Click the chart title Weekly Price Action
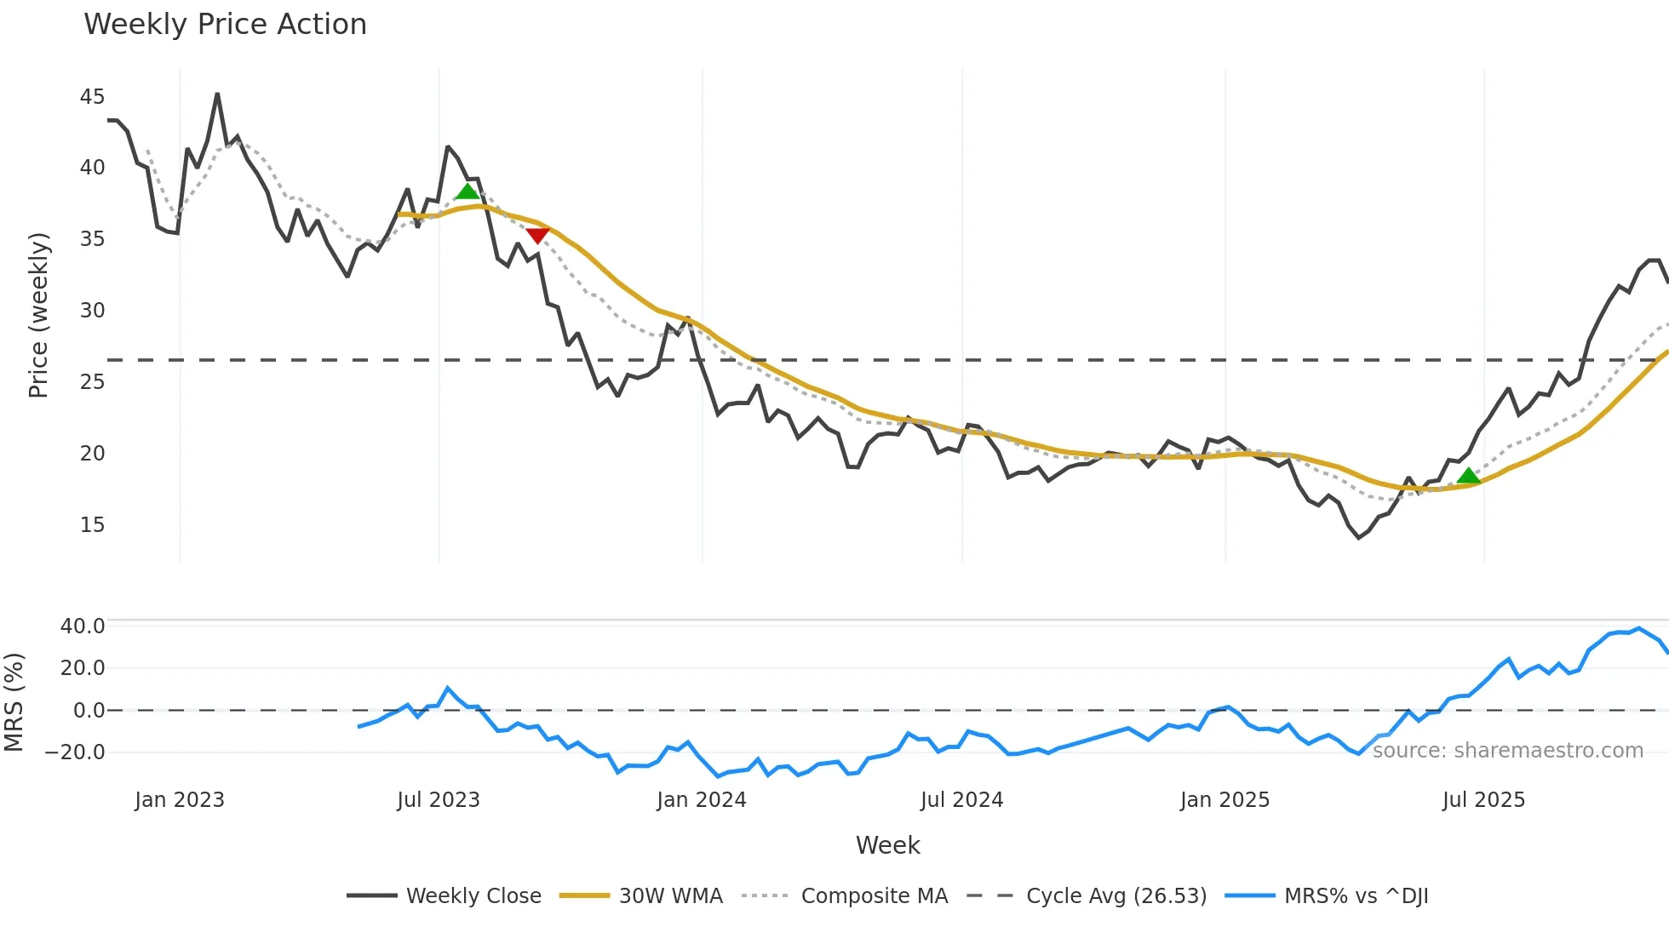click(225, 25)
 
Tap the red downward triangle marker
click(537, 235)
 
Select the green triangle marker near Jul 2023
click(467, 192)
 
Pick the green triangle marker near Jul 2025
click(1468, 476)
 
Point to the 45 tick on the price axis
click(92, 97)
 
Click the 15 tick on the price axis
click(92, 525)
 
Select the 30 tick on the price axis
click(92, 311)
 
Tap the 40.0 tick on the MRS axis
click(83, 626)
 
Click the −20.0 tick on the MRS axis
click(75, 752)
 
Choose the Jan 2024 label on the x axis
click(701, 800)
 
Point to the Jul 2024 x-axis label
click(961, 800)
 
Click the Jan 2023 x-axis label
click(180, 800)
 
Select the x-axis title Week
click(887, 845)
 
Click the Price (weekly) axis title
click(39, 315)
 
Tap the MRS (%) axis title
click(14, 702)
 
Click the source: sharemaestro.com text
click(1507, 751)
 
